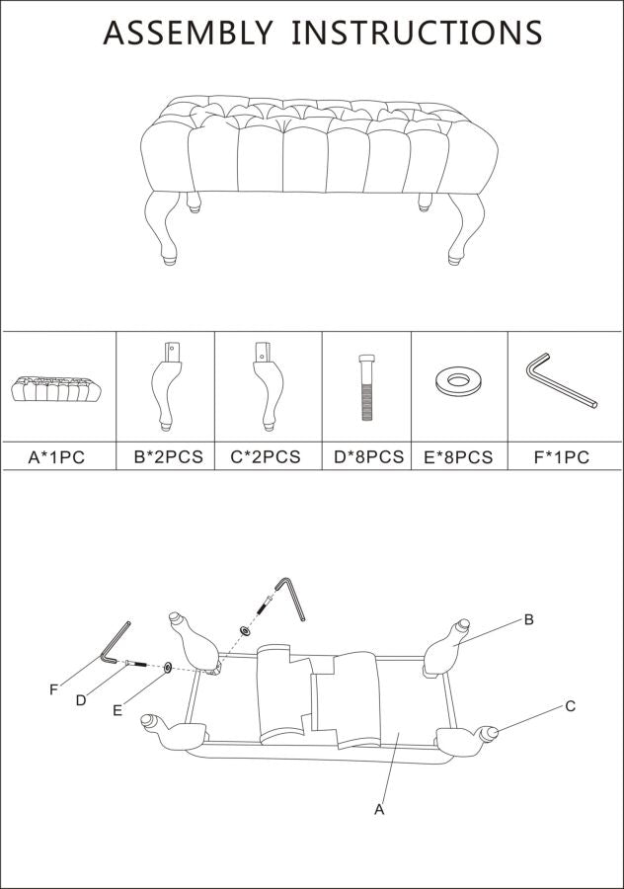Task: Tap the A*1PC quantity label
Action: click(58, 457)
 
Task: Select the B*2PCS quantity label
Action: click(168, 457)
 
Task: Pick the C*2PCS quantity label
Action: click(266, 457)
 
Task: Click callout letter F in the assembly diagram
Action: click(53, 689)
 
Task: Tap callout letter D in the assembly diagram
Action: click(81, 700)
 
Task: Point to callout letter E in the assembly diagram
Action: click(117, 709)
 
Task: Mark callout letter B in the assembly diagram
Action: click(529, 620)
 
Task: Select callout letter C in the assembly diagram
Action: click(571, 706)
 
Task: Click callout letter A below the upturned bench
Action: click(378, 809)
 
